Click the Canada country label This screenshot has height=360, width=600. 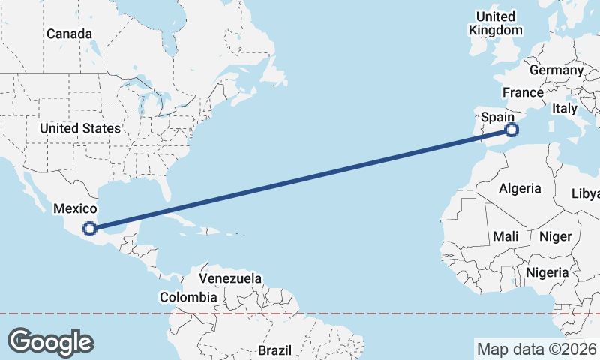(x=69, y=34)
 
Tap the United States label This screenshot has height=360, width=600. (x=80, y=128)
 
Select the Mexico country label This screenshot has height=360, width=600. (x=75, y=208)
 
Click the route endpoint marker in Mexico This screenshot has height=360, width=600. (x=90, y=229)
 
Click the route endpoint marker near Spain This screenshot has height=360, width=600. (x=511, y=130)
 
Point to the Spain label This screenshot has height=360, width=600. (x=497, y=117)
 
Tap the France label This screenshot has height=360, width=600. (x=523, y=92)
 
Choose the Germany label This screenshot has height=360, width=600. (x=556, y=70)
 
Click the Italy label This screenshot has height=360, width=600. (x=564, y=108)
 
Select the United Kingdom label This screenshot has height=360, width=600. (x=495, y=23)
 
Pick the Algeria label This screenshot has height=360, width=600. (x=520, y=187)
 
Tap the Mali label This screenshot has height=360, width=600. (x=505, y=236)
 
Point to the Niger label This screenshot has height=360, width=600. (x=555, y=236)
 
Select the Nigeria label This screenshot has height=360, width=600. (x=547, y=272)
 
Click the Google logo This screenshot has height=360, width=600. (x=50, y=341)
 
